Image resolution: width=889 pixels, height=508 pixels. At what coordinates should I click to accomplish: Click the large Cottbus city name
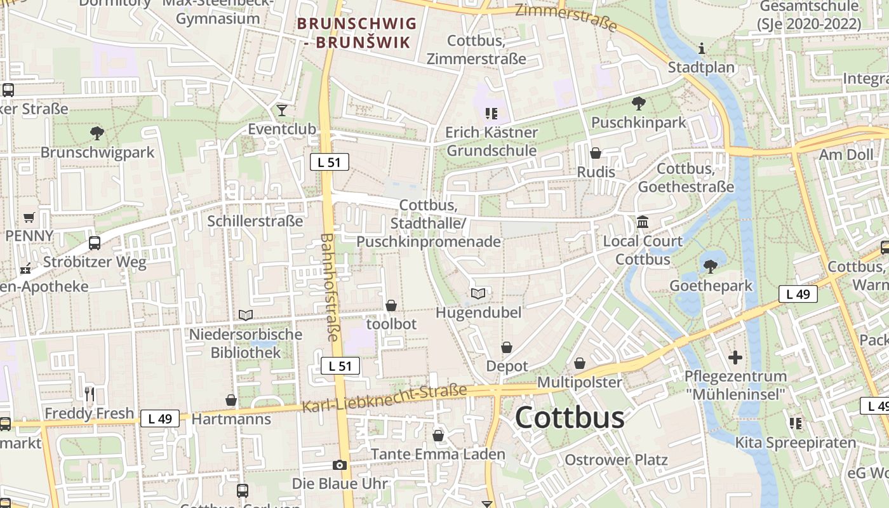tap(570, 418)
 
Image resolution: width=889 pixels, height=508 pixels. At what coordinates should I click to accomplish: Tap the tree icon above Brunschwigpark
tap(97, 133)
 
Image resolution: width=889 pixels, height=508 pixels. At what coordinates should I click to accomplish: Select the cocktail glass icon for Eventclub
tap(282, 110)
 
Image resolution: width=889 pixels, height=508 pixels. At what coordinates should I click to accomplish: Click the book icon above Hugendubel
tap(478, 293)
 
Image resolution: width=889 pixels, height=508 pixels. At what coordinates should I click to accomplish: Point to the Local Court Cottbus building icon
tap(643, 222)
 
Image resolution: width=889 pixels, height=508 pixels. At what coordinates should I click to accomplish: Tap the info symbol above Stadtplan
tap(702, 48)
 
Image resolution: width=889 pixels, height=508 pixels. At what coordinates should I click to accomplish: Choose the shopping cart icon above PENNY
tap(29, 218)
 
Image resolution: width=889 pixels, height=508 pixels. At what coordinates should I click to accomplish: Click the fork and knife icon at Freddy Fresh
tap(90, 394)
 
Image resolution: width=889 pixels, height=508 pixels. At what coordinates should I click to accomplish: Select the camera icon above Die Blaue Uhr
tap(340, 465)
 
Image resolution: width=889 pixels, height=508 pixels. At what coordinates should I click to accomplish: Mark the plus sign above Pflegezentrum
tap(735, 358)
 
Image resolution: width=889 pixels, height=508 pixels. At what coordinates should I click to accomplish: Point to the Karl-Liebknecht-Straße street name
tap(384, 398)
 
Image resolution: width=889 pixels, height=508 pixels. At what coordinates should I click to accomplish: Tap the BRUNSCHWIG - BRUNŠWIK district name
tap(357, 33)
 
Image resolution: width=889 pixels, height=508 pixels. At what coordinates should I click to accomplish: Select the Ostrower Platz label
tap(616, 460)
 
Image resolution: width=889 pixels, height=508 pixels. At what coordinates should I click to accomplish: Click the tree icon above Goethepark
tap(711, 266)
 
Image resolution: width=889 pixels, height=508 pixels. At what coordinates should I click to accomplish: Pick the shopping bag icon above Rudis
tap(596, 153)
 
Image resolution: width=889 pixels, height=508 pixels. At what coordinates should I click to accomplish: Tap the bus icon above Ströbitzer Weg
tap(95, 243)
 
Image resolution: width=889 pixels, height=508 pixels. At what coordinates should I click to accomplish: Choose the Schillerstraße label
tap(255, 221)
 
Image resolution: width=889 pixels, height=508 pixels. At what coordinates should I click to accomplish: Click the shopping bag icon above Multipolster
tap(580, 363)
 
